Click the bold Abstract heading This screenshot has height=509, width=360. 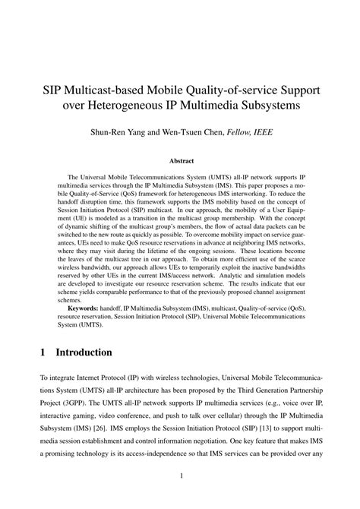coord(180,161)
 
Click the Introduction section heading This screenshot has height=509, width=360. coord(79,353)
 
